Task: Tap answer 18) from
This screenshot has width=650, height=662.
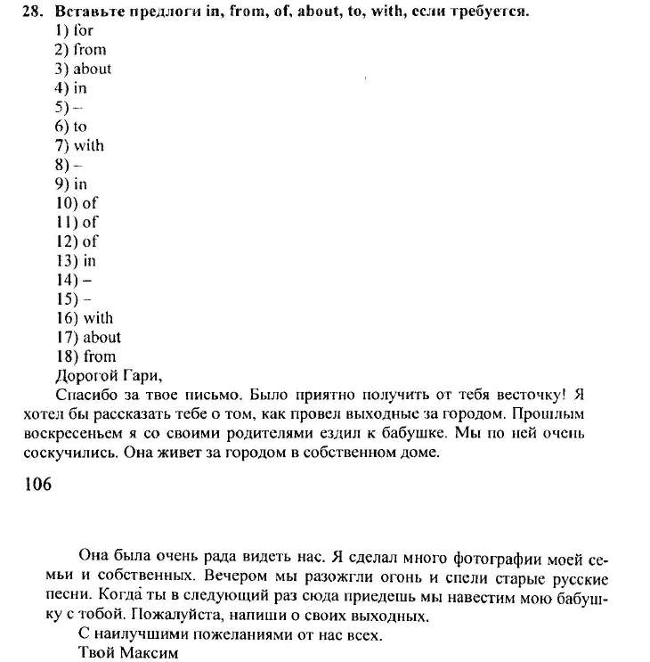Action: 85,356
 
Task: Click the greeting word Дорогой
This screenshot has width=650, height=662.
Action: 86,375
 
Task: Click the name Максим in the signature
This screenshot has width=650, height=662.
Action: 146,653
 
